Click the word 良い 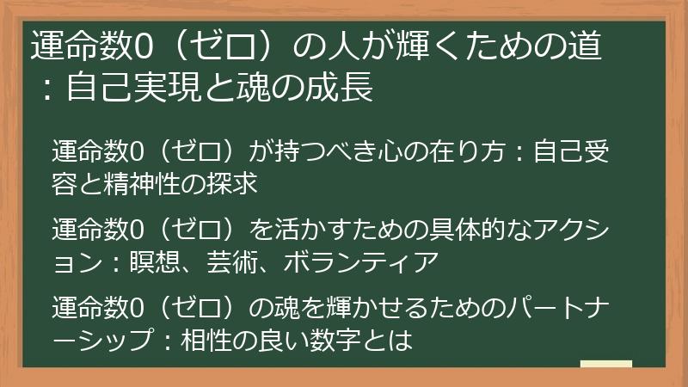pyautogui.click(x=270, y=341)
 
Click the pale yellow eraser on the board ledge pyautogui.click(x=605, y=365)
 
